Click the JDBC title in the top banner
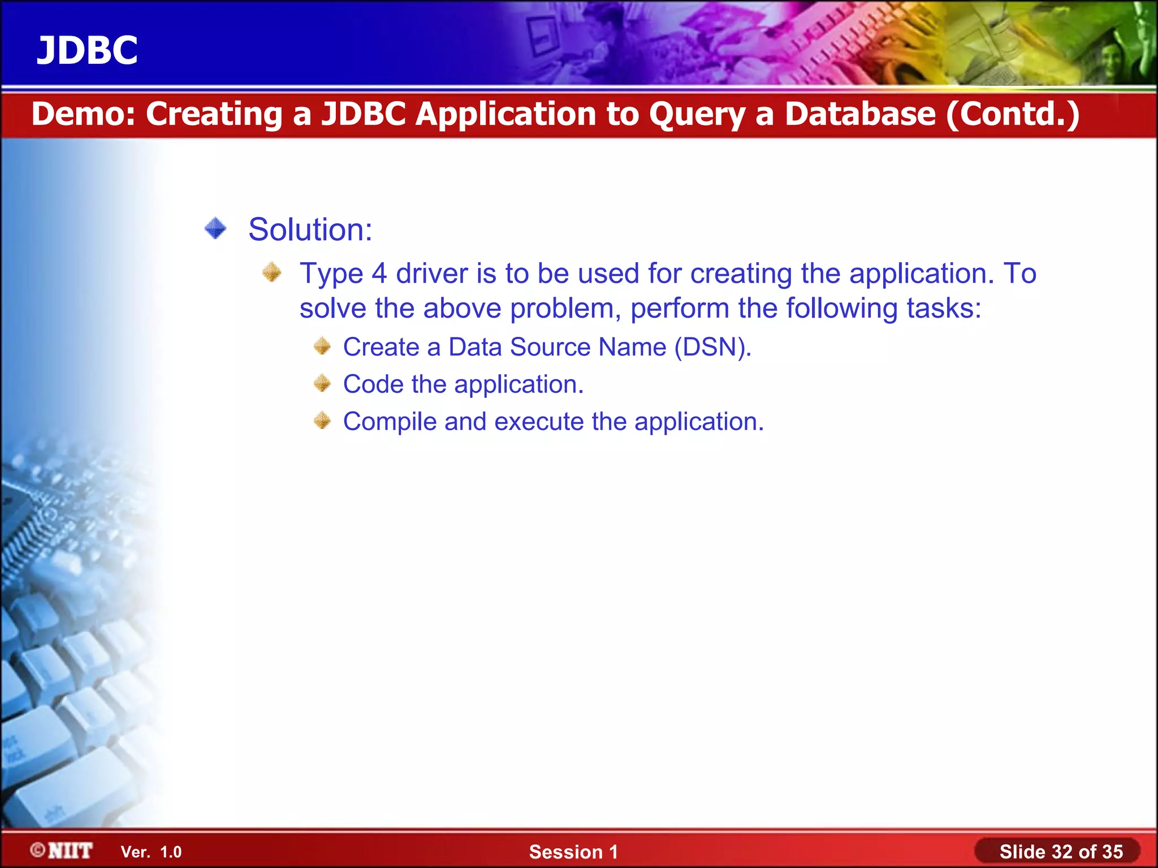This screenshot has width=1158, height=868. [87, 50]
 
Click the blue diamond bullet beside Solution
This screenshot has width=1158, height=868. [215, 229]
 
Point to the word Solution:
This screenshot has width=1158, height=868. [310, 230]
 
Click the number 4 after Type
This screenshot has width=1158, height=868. [379, 274]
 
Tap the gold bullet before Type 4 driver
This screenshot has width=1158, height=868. [272, 272]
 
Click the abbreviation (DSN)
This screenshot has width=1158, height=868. [712, 347]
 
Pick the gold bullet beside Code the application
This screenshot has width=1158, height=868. [322, 384]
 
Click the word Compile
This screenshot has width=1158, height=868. [390, 422]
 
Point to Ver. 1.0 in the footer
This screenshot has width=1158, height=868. [151, 852]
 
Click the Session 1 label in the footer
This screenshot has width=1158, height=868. [573, 852]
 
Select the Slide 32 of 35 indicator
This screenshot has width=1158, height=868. [1061, 852]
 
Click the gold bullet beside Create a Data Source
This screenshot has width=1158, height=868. [322, 346]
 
